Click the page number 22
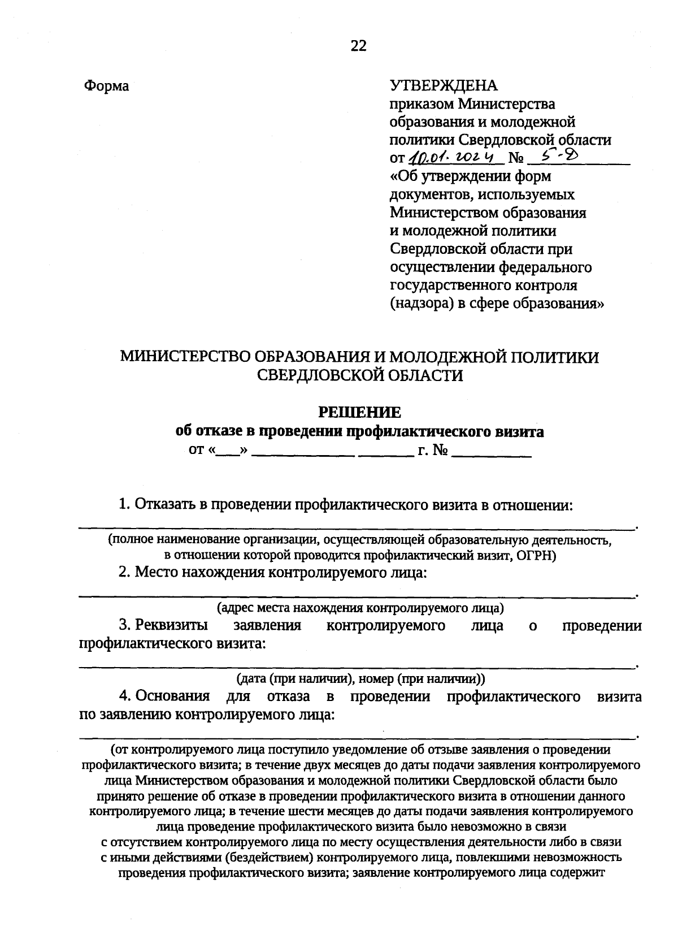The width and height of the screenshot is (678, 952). pyautogui.click(x=359, y=46)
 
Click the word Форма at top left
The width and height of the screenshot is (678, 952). pyautogui.click(x=106, y=86)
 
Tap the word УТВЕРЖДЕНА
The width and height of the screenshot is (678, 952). pyautogui.click(x=444, y=85)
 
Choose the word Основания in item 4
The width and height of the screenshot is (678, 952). pyautogui.click(x=172, y=696)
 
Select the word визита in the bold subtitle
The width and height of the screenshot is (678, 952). pyautogui.click(x=518, y=432)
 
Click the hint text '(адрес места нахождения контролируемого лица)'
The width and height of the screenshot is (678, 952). pyautogui.click(x=360, y=608)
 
